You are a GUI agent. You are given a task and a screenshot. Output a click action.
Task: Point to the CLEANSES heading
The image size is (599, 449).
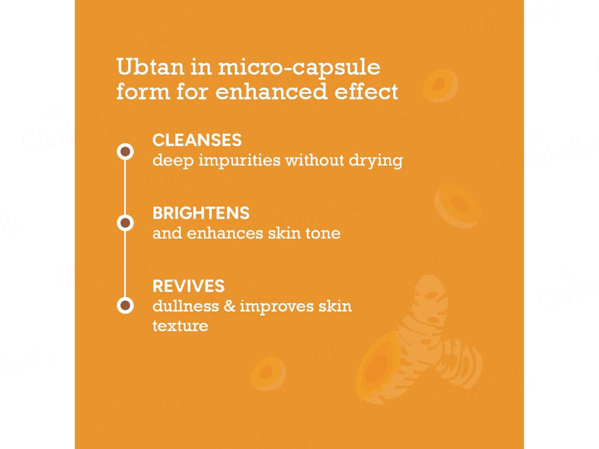(197, 140)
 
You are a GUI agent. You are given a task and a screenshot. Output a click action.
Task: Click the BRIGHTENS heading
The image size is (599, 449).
(201, 213)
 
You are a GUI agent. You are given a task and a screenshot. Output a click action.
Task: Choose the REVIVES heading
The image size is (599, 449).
(189, 286)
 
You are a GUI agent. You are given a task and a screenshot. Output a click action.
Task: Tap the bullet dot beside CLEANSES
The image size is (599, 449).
(125, 151)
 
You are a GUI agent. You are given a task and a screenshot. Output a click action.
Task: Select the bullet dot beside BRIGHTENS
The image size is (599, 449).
(125, 223)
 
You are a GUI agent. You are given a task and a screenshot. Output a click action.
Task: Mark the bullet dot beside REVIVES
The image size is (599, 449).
(125, 305)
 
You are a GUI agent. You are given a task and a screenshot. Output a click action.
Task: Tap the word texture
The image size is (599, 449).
(180, 326)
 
